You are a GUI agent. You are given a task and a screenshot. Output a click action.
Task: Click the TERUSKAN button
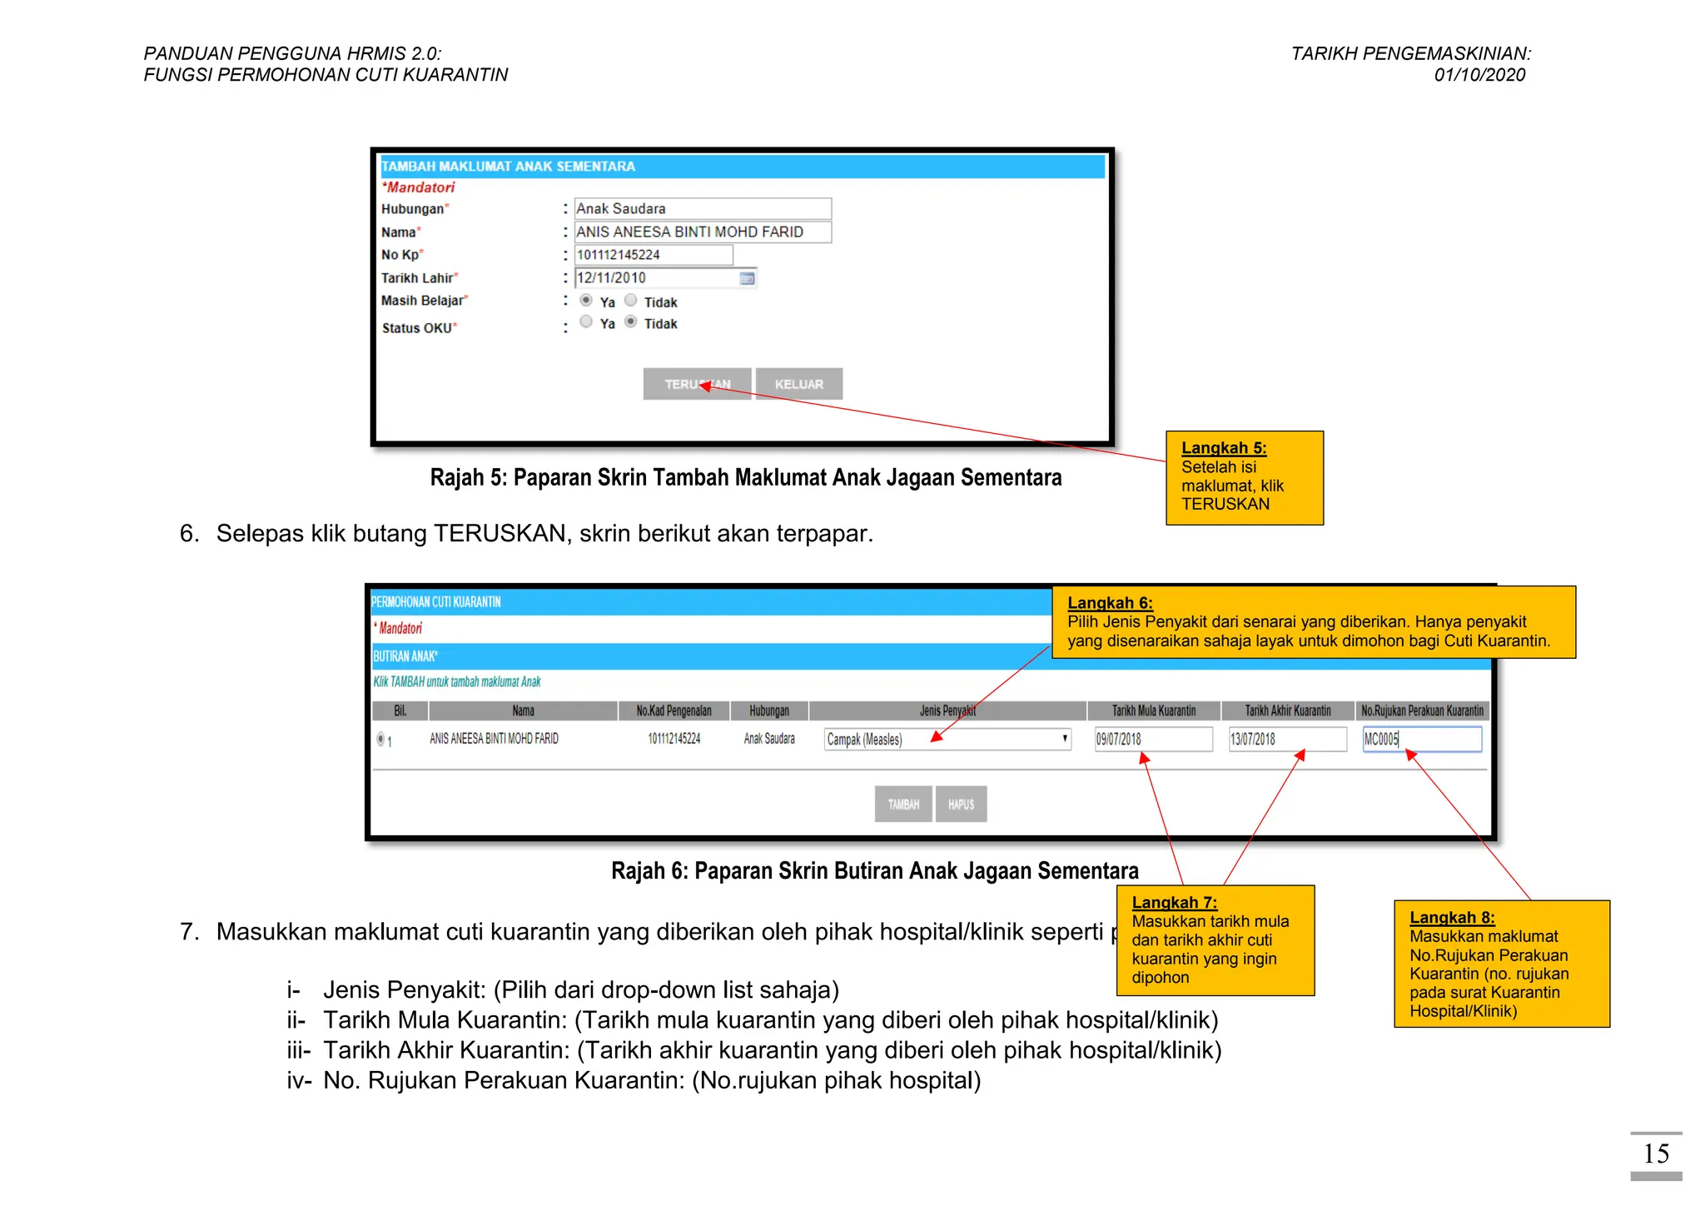point(697,384)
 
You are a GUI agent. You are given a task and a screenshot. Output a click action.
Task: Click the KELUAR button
point(798,384)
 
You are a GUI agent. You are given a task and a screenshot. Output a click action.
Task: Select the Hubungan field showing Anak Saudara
point(702,208)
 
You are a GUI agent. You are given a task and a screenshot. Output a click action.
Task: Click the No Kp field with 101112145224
point(654,255)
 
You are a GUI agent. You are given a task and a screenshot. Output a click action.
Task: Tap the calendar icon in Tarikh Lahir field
point(747,278)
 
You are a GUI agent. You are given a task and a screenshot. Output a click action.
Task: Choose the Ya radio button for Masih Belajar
point(586,301)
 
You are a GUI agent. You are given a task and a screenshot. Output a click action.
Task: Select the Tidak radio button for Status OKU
point(631,322)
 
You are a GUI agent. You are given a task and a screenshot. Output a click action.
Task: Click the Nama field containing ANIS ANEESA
point(702,232)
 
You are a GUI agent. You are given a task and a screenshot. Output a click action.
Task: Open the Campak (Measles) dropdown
point(947,739)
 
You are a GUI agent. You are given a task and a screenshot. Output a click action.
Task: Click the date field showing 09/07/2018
point(1153,739)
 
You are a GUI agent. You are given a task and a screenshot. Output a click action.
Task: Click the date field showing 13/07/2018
point(1287,739)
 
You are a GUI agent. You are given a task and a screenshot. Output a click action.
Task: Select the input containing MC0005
point(1422,739)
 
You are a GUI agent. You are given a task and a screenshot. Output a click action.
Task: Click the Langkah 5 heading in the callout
point(1224,448)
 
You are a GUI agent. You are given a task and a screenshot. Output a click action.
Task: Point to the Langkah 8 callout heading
point(1452,918)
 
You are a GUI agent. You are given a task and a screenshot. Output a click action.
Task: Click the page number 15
point(1656,1154)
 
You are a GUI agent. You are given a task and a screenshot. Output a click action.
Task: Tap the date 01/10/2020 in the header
point(1479,75)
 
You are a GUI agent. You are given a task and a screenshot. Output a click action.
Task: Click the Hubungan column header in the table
point(768,710)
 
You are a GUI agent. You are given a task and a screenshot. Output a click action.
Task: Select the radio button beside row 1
point(380,739)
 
